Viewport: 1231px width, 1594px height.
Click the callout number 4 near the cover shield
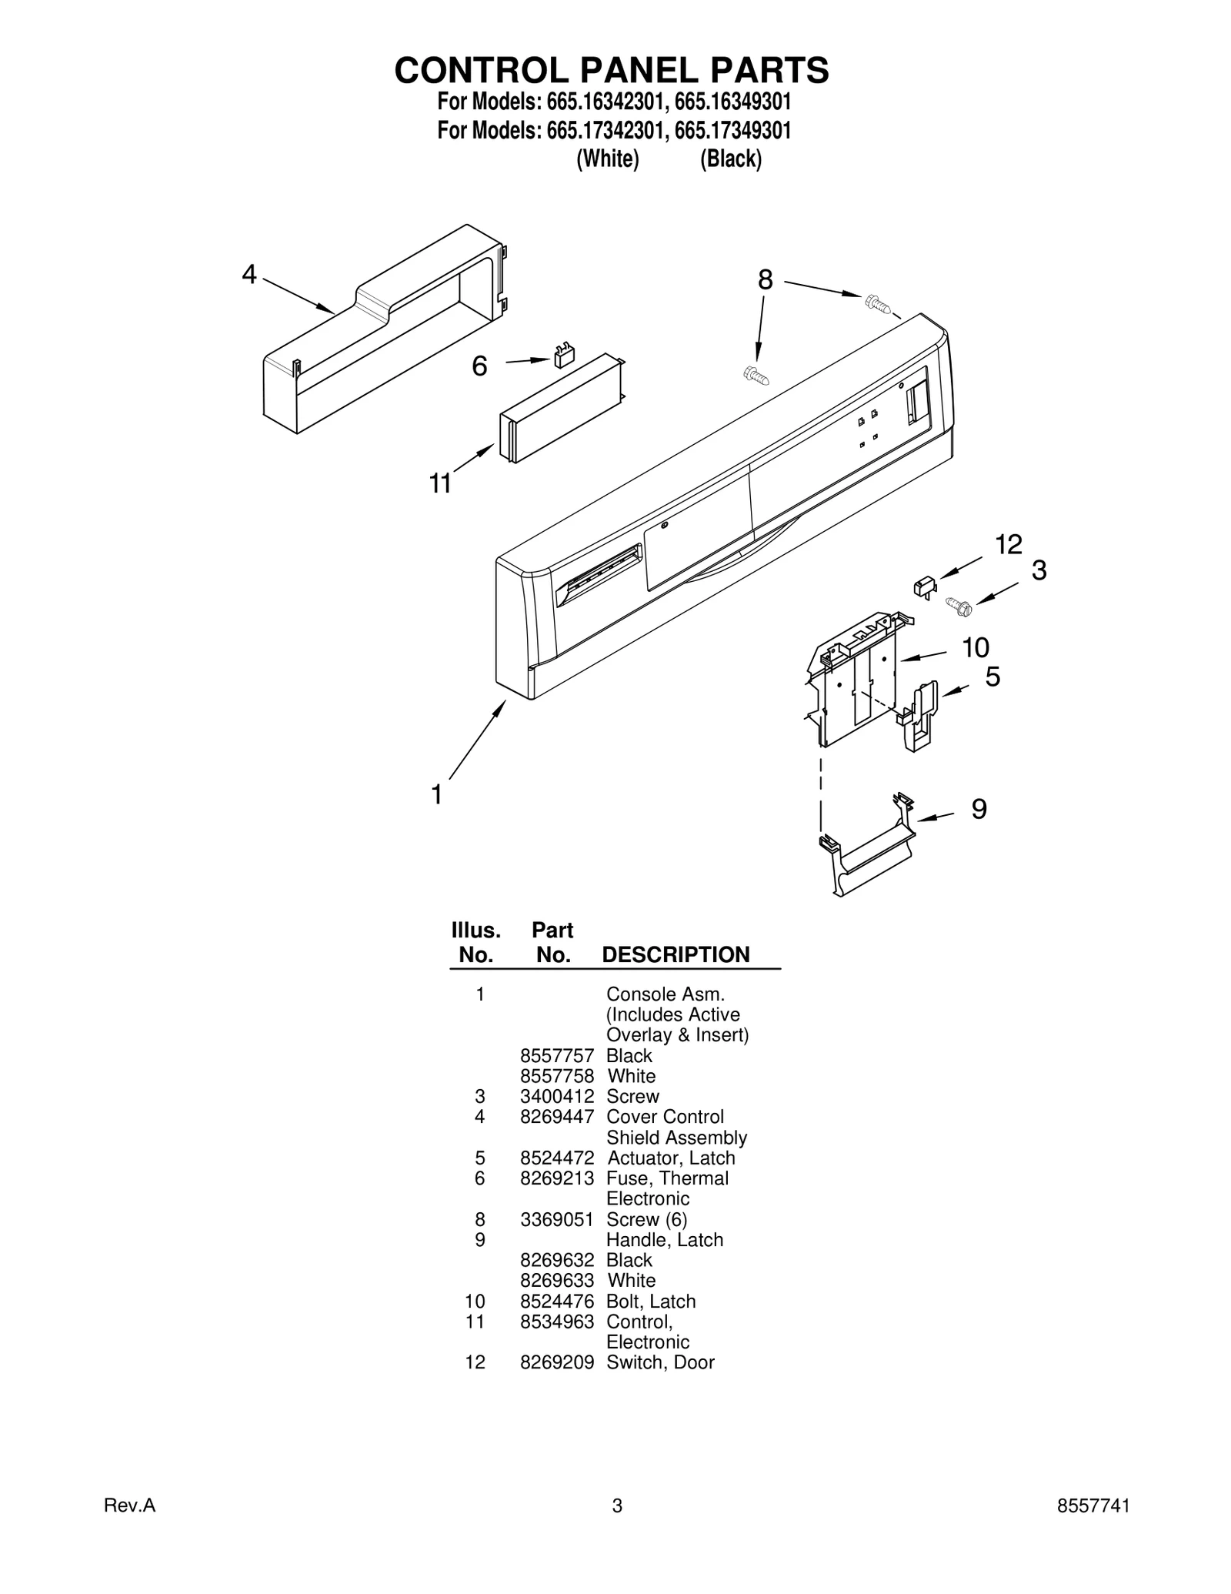[249, 274]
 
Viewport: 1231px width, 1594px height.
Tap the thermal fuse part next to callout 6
[564, 356]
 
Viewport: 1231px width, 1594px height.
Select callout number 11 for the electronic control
[440, 483]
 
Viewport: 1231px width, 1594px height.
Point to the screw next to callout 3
[959, 607]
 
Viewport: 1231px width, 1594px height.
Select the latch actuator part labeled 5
[921, 716]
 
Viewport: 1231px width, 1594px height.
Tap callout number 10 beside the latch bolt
[976, 648]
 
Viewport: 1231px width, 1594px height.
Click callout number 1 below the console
[437, 794]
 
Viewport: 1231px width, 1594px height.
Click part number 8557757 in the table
[557, 1055]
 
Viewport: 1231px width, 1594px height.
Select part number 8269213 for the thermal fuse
[557, 1178]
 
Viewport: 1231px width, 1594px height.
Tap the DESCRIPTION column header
[676, 954]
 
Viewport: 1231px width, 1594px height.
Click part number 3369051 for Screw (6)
[557, 1219]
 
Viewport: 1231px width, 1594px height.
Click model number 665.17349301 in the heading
[732, 130]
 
